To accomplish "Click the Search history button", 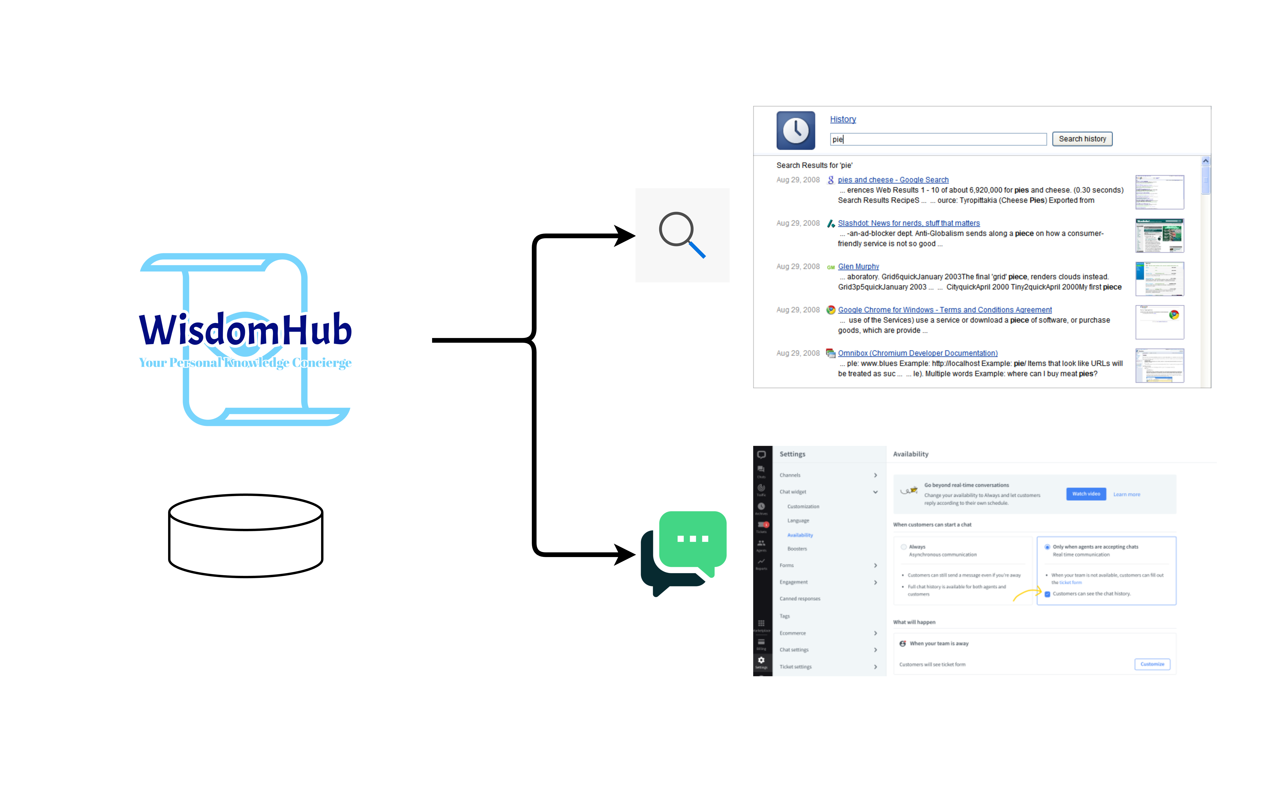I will click(1082, 139).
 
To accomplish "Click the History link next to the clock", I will click(842, 119).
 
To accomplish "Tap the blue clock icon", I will click(795, 130).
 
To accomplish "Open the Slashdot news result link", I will click(908, 223).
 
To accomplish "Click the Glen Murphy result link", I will click(858, 266).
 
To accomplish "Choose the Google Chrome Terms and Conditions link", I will click(944, 310).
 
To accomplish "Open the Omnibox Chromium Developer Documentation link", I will click(917, 353).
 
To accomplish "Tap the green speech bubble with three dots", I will click(693, 539).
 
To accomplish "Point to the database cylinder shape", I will click(245, 536).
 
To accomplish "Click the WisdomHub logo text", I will click(245, 330).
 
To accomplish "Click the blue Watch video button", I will click(1086, 494).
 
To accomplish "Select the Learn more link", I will click(1126, 494).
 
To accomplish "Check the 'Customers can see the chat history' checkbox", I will click(1047, 594).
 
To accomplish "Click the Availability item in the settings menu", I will click(800, 535).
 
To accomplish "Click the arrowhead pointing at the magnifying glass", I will click(625, 236).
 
